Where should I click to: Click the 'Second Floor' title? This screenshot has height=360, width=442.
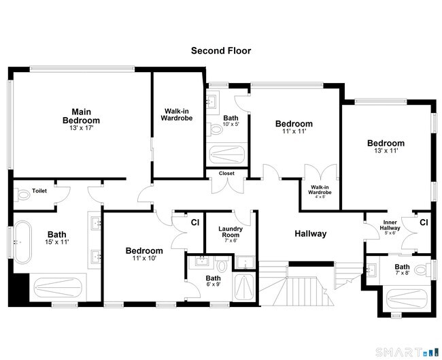(x=221, y=50)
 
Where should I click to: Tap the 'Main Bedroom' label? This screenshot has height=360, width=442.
(x=86, y=116)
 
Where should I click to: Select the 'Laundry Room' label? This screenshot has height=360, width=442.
(x=231, y=234)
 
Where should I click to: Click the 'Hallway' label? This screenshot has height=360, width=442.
(x=310, y=233)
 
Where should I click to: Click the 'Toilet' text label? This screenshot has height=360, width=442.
(x=39, y=192)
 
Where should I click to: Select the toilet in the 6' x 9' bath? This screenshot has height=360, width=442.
(x=222, y=264)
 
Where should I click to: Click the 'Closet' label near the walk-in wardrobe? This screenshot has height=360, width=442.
(x=226, y=174)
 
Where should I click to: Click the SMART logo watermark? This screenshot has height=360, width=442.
(x=401, y=351)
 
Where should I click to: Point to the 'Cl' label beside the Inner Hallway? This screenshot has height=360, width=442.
(x=424, y=223)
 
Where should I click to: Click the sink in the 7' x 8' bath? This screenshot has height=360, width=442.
(x=371, y=270)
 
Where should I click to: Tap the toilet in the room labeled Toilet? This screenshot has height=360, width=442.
(x=24, y=194)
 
